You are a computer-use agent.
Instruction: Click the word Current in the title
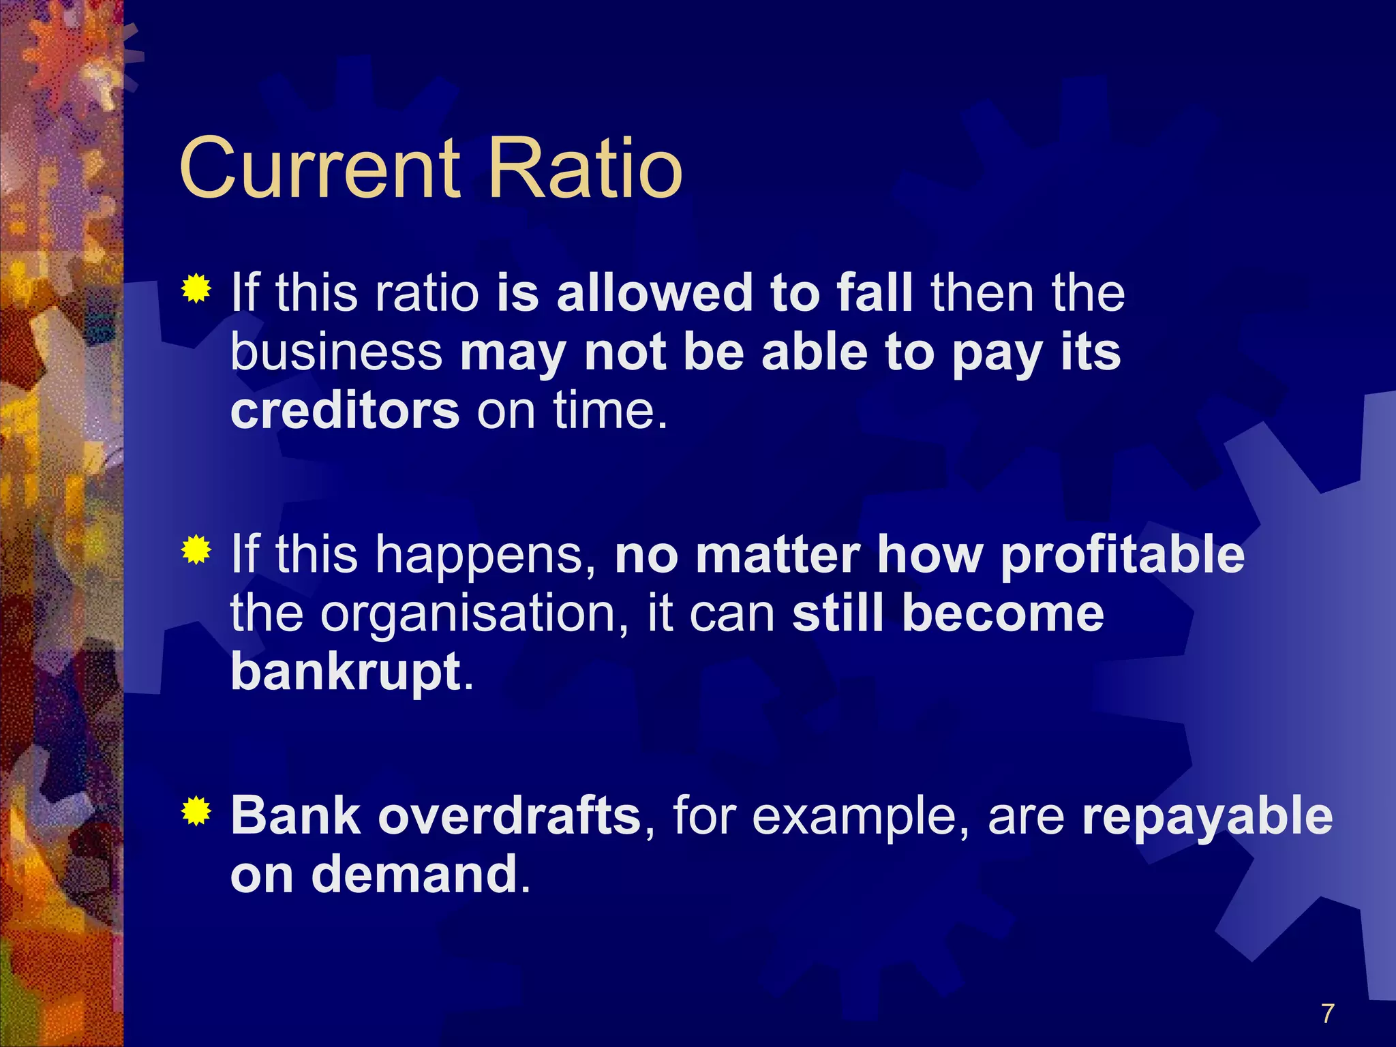(319, 168)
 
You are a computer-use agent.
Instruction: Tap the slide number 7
(1326, 1014)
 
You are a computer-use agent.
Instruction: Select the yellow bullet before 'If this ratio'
(196, 289)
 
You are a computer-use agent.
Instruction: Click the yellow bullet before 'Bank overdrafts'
(196, 811)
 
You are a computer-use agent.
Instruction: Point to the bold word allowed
(654, 292)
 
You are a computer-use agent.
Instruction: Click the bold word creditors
(345, 411)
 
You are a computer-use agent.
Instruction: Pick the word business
(337, 352)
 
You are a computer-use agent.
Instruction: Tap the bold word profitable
(1122, 554)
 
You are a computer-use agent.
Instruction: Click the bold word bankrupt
(346, 672)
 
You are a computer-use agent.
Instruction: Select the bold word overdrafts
(509, 815)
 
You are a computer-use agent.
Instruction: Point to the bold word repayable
(1207, 817)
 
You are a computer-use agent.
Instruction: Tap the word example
(859, 817)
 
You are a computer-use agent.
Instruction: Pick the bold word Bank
(295, 815)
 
